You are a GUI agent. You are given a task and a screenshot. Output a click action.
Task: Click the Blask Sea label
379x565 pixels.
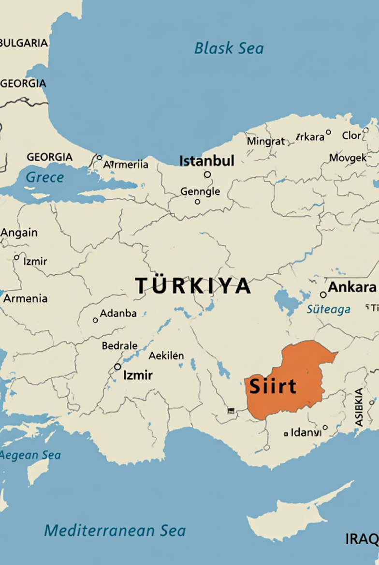click(229, 48)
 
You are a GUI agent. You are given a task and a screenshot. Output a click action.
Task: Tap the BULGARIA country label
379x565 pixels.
click(24, 43)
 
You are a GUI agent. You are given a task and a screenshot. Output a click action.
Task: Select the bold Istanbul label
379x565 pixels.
click(207, 161)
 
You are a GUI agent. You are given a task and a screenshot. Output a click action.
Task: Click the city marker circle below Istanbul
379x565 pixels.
click(207, 175)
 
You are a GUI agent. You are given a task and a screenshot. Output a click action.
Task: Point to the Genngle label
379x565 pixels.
click(200, 192)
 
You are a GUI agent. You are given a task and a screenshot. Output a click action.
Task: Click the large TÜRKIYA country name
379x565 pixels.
click(193, 286)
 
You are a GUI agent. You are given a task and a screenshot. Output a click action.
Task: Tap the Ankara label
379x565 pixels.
click(352, 287)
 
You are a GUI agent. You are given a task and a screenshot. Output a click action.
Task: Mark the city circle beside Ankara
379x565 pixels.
click(323, 295)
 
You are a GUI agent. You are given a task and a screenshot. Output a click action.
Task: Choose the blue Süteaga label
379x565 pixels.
click(329, 309)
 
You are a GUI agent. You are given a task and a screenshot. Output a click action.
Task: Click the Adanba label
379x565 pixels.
click(118, 313)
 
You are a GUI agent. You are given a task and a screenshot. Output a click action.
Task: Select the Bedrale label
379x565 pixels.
click(119, 346)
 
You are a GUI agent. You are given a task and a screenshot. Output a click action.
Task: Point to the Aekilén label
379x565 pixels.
click(166, 356)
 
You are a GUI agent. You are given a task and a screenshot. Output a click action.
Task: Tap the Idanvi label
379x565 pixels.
click(306, 432)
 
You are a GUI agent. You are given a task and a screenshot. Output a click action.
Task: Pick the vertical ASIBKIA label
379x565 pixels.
click(359, 407)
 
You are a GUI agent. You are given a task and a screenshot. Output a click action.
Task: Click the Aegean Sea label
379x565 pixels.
click(30, 455)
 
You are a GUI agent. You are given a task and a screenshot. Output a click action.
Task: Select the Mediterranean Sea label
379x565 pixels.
click(115, 531)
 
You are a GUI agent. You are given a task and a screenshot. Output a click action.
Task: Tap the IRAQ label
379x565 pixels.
click(362, 539)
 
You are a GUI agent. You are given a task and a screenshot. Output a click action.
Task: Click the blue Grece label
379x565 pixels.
click(44, 178)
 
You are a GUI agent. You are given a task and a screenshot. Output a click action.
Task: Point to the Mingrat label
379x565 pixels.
click(266, 142)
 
